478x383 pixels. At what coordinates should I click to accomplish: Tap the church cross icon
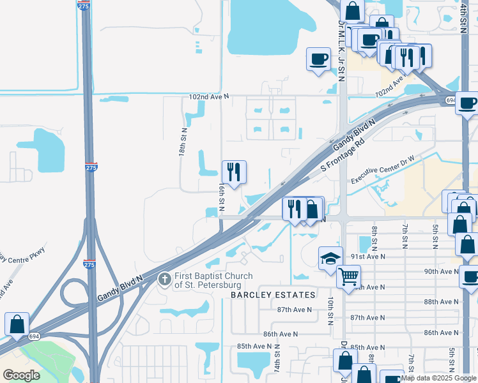[x=164, y=278]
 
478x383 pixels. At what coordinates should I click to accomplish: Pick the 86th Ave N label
[x=281, y=333]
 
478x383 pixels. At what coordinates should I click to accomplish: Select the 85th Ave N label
[x=255, y=346]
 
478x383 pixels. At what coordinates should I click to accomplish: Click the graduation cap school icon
[x=330, y=258]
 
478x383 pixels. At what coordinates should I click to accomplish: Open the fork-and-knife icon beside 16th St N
[x=234, y=172]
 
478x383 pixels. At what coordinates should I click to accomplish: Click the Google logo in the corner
[x=21, y=375]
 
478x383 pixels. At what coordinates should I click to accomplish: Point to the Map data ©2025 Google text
[x=439, y=378]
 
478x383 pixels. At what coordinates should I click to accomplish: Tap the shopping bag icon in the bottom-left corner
[x=16, y=324]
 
